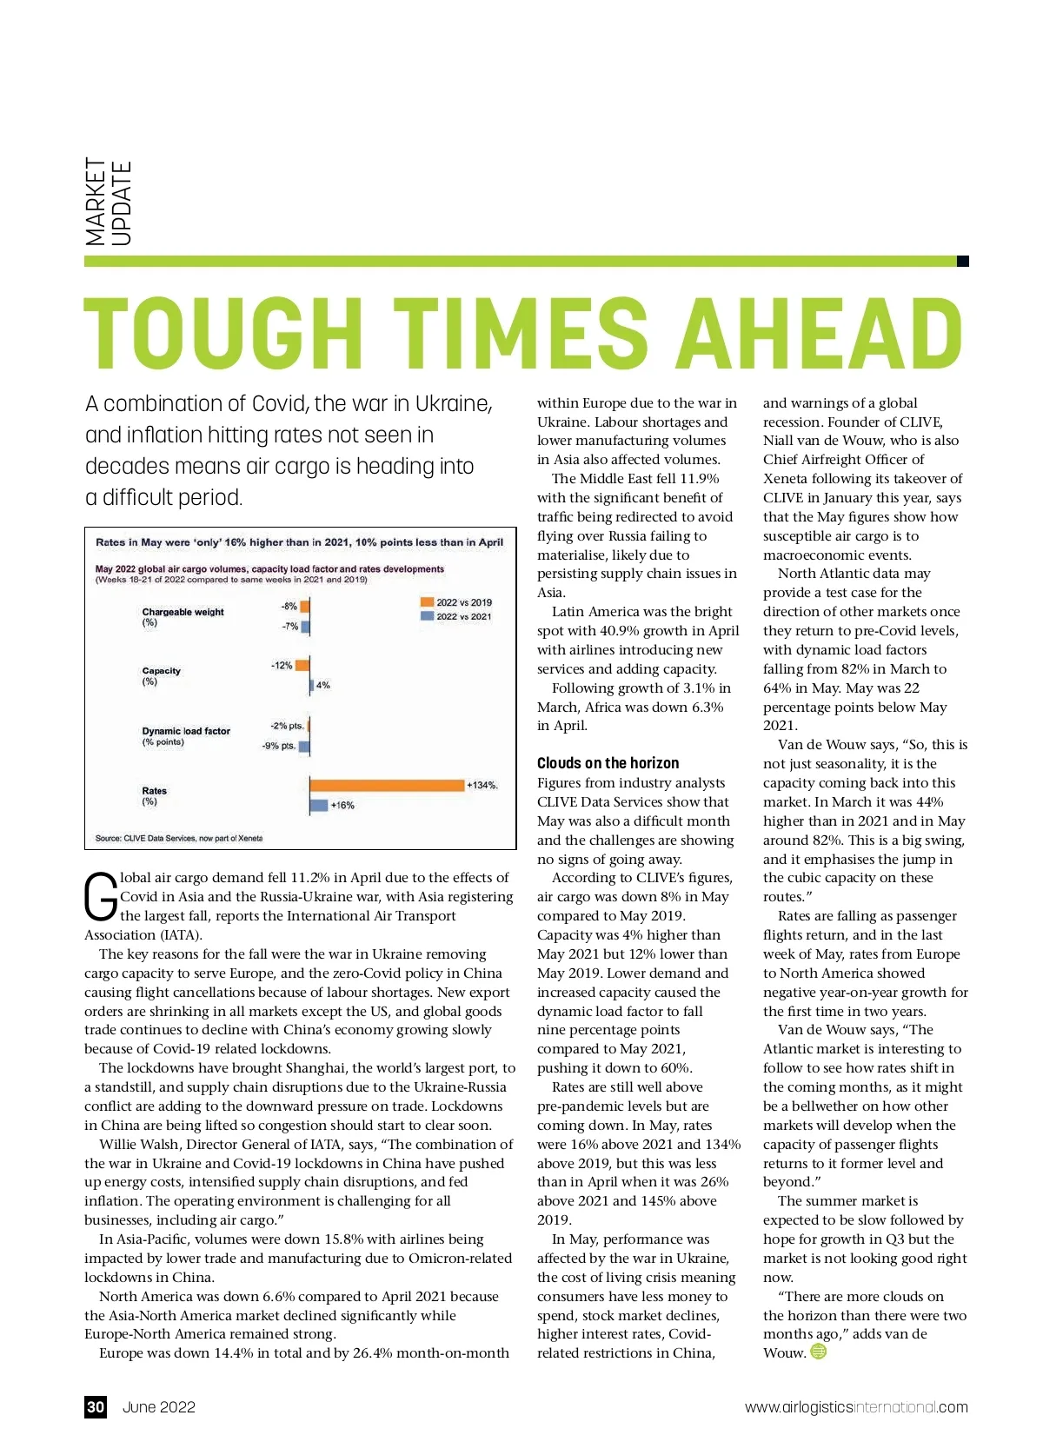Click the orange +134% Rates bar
coord(387,785)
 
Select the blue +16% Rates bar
coord(319,805)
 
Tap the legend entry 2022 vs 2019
coord(456,602)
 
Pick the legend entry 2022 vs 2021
coord(456,616)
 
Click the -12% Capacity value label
coord(282,666)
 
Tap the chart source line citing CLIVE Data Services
coord(178,839)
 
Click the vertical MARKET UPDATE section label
coord(109,202)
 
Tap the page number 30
coord(96,1407)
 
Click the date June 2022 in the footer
coord(159,1407)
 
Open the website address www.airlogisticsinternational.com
coord(856,1407)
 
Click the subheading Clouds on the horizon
coord(608,763)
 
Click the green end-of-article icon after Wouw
coord(819,1352)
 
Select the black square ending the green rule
coord(962,261)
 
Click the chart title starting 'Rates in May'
coord(299,542)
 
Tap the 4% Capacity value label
coord(323,686)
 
